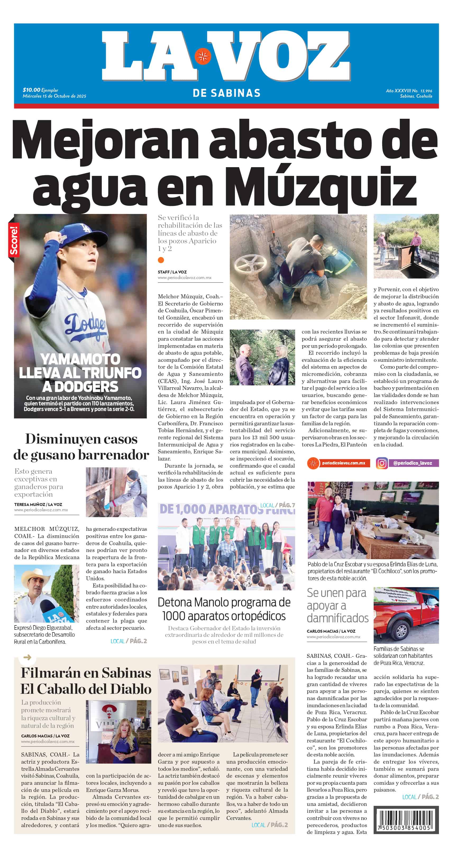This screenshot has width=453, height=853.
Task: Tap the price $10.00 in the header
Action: click(x=31, y=90)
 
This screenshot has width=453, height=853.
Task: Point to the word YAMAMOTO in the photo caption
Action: click(x=80, y=359)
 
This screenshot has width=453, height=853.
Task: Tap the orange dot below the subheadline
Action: click(x=161, y=260)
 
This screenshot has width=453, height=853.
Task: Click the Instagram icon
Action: click(x=382, y=463)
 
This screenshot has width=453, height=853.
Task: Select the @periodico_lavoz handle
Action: click(x=412, y=463)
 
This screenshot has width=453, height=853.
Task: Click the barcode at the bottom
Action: click(x=406, y=820)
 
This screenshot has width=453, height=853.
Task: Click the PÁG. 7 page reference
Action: click(x=287, y=505)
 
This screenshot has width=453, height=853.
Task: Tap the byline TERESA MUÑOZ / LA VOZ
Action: click(x=38, y=505)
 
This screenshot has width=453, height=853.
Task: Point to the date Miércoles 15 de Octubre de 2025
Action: click(x=54, y=96)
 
